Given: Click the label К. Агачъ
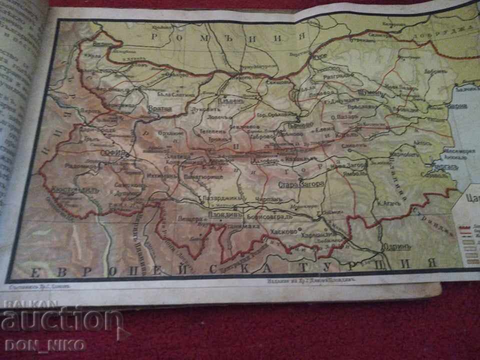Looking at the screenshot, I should pos(389,203).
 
